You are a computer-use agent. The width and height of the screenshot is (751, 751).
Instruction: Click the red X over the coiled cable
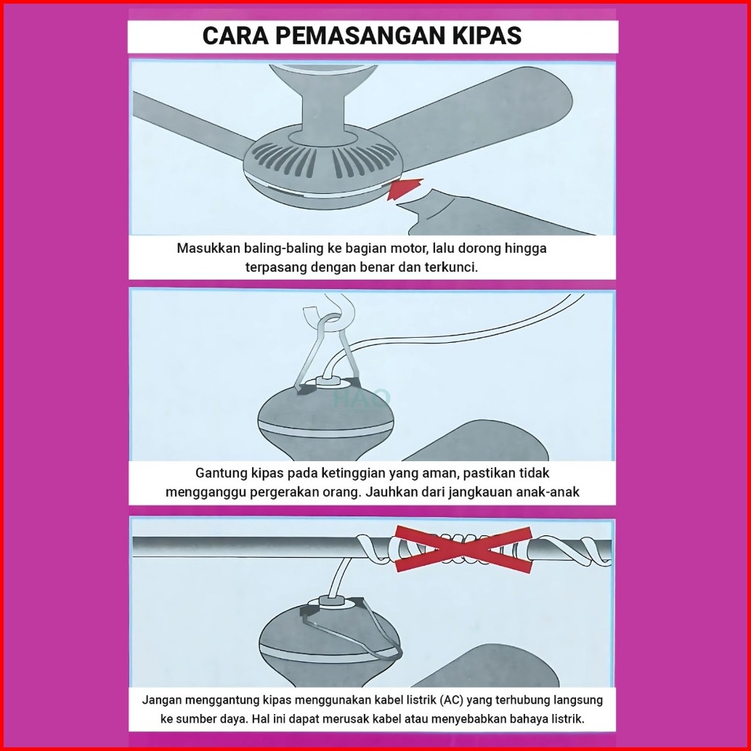[x=463, y=549]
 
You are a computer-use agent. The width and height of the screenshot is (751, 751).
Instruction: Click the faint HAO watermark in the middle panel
[x=362, y=397]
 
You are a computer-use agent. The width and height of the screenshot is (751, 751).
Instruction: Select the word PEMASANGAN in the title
[x=360, y=36]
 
